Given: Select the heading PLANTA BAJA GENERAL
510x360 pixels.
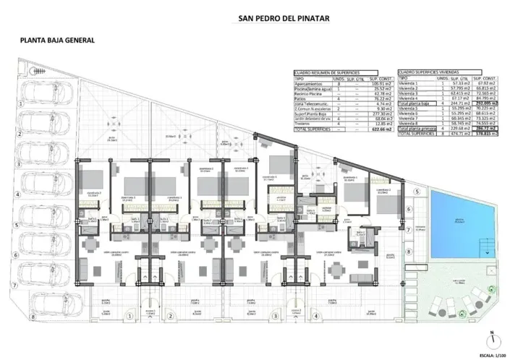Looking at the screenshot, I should tap(57, 42).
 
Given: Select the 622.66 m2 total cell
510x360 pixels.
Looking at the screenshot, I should tap(380, 129).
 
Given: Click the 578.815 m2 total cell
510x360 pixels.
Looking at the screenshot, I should tap(484, 134).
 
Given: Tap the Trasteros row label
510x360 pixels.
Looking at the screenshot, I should tap(304, 124).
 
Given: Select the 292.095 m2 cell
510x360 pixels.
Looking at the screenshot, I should tap(484, 103).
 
